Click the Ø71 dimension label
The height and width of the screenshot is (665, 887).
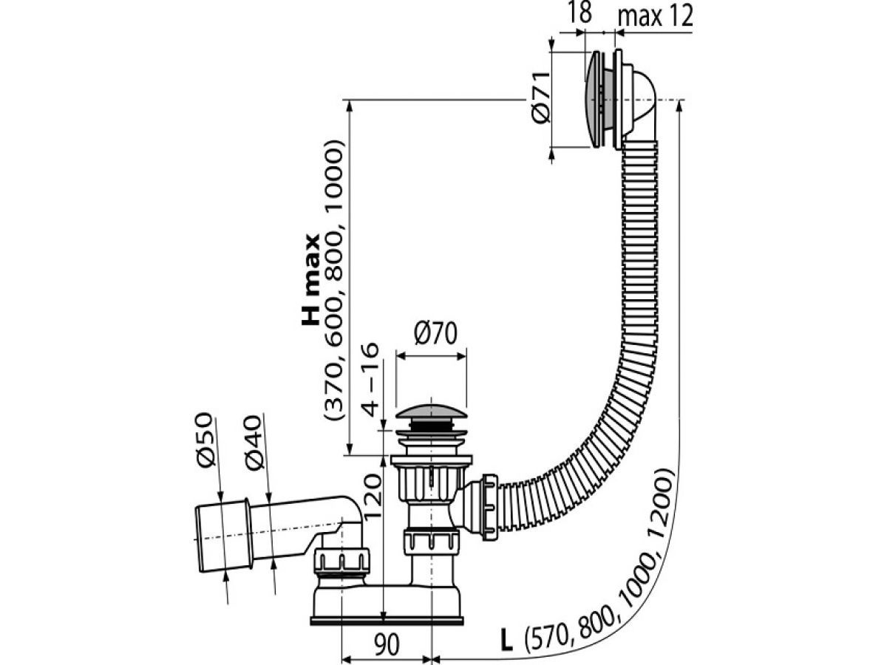(540, 98)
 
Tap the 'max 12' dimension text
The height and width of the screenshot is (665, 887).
(655, 16)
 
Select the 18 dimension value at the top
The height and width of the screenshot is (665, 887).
(580, 13)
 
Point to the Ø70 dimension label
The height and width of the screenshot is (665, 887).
(435, 333)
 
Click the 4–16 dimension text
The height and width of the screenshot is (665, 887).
(370, 381)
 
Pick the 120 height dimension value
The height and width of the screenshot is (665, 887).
(372, 496)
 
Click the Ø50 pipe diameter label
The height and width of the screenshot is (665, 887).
(205, 440)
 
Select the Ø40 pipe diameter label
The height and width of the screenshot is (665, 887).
(254, 443)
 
